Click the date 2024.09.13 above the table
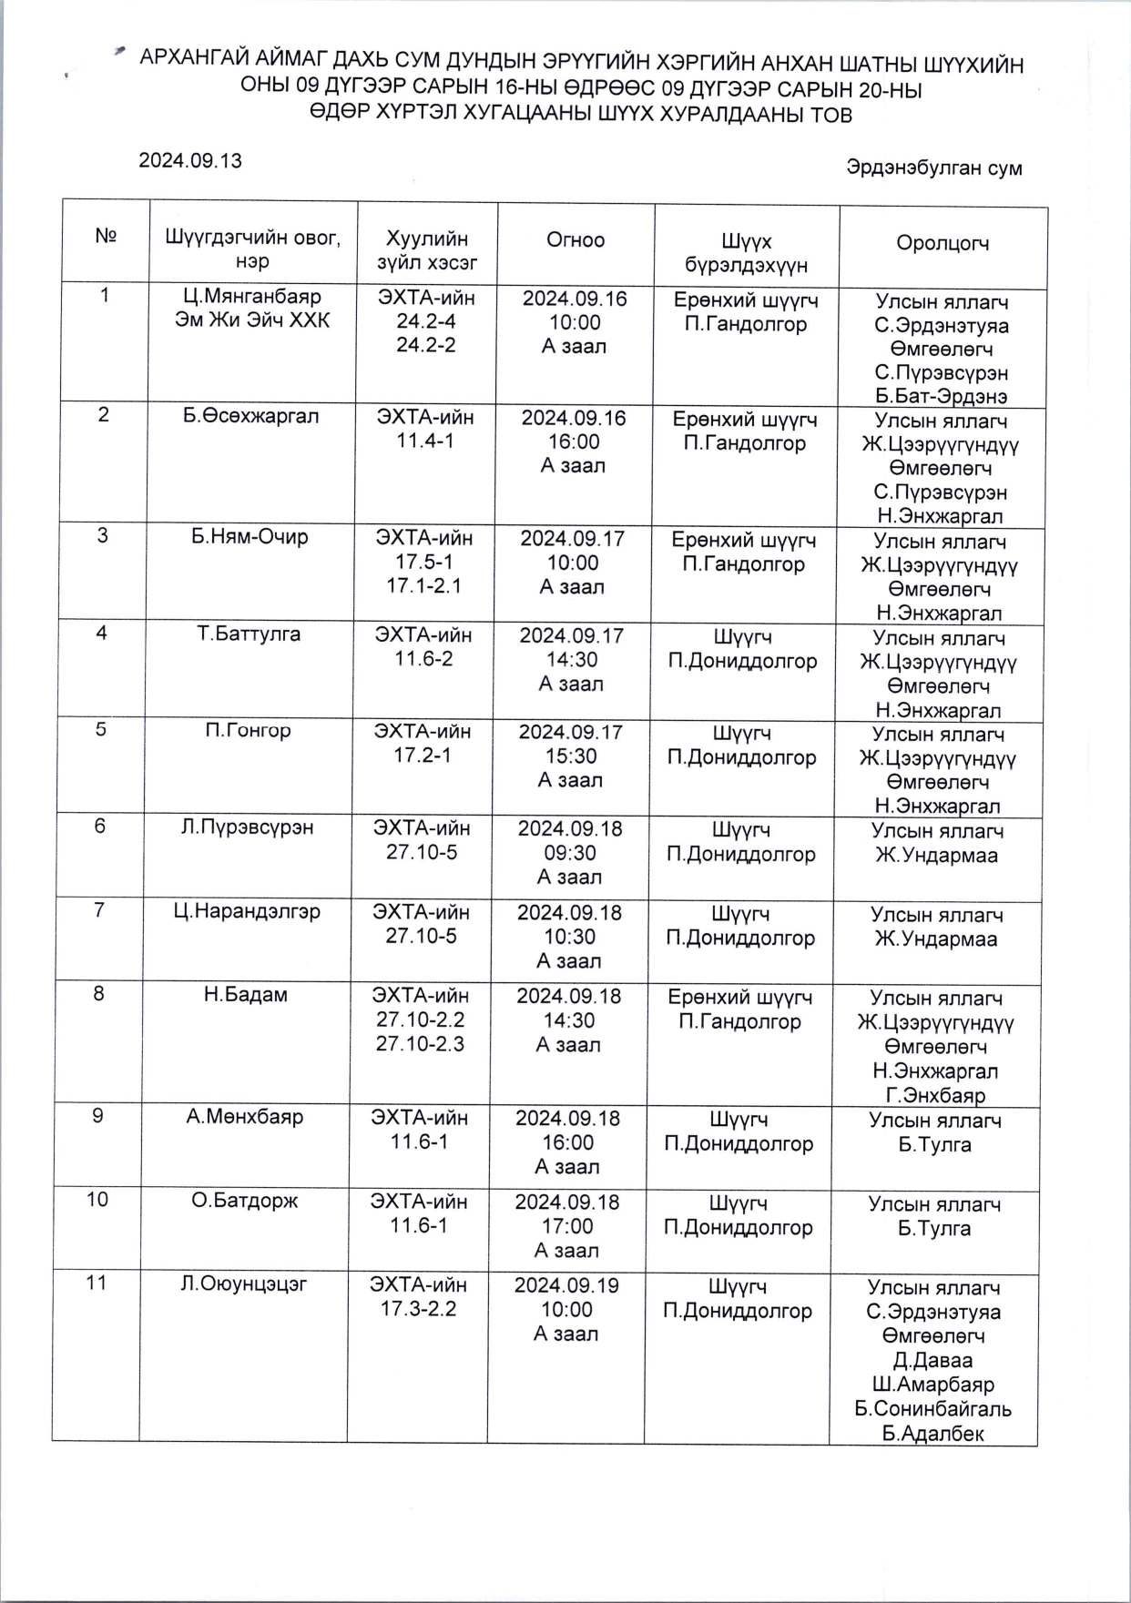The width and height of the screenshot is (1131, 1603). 190,161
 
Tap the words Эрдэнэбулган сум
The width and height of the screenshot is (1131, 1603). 933,168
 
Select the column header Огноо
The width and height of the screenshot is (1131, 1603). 576,240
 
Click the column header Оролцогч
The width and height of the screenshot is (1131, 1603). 942,243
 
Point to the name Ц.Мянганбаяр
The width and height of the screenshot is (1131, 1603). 252,297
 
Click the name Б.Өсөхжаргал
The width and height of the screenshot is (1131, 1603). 251,417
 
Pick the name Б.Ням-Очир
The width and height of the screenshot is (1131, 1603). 250,537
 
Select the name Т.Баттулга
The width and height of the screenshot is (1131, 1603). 249,634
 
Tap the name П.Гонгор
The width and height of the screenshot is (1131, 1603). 248,731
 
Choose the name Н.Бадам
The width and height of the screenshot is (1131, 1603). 246,996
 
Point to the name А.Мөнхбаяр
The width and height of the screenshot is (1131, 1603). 245,1117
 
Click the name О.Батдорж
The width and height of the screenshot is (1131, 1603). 245,1202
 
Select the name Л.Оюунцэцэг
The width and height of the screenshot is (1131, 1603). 244,1284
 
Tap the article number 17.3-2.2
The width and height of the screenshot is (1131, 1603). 418,1309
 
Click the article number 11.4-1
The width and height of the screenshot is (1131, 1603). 423,441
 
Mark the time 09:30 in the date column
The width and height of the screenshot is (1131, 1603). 570,853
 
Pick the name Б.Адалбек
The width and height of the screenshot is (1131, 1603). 933,1434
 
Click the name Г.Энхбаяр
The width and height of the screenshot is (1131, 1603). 935,1095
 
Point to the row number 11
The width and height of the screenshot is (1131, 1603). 97,1283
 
